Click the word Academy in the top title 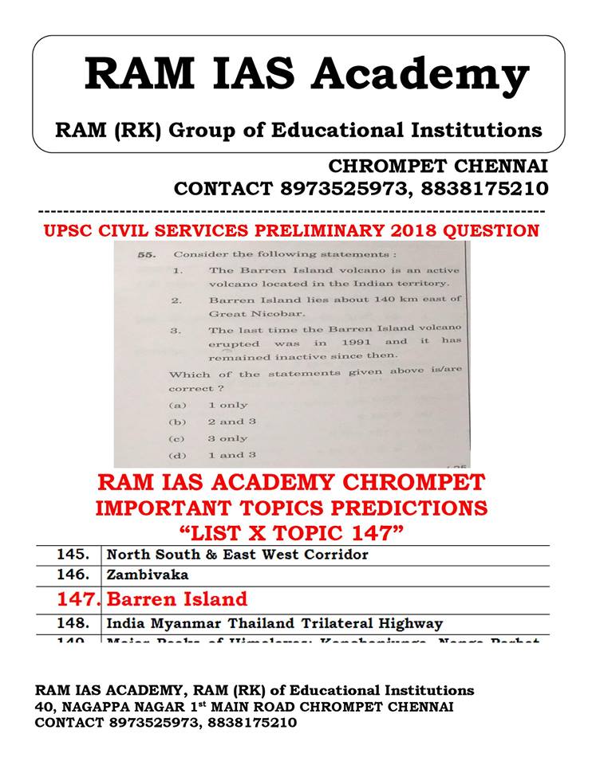(x=420, y=74)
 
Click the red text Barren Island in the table (x=177, y=598)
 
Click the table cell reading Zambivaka (x=139, y=573)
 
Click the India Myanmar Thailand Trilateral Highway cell (x=274, y=623)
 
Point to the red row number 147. (x=78, y=598)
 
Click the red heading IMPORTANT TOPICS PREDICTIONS (x=291, y=508)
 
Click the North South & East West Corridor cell (x=238, y=553)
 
